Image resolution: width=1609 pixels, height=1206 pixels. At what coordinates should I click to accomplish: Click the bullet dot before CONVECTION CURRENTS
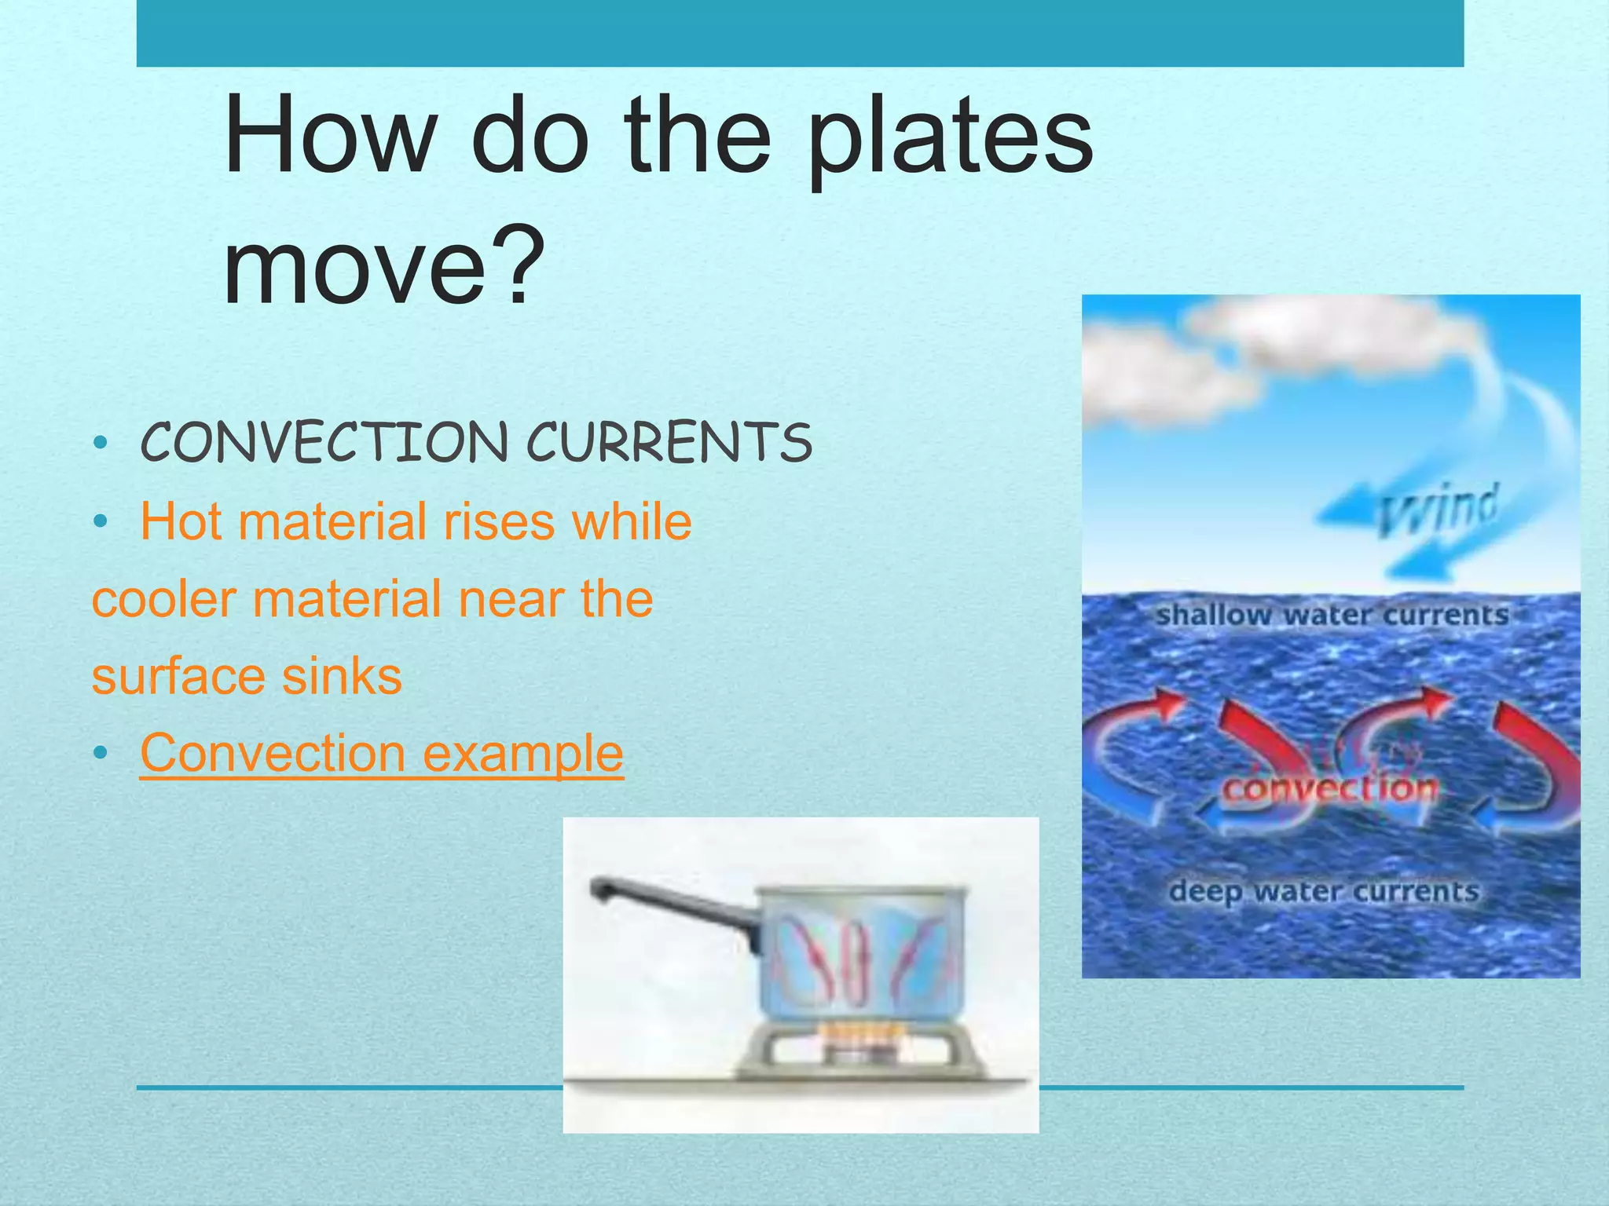[99, 443]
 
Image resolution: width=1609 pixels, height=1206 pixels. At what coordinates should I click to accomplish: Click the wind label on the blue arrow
[1438, 510]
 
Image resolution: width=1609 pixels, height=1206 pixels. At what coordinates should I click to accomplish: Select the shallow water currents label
[1332, 615]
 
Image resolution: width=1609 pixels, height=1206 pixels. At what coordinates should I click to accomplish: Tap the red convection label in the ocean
[1330, 788]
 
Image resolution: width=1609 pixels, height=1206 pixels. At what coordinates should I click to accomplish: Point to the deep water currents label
[1324, 891]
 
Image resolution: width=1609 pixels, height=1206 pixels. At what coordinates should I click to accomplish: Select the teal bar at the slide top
[800, 33]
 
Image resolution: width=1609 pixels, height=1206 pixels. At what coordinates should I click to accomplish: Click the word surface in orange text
[176, 676]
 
